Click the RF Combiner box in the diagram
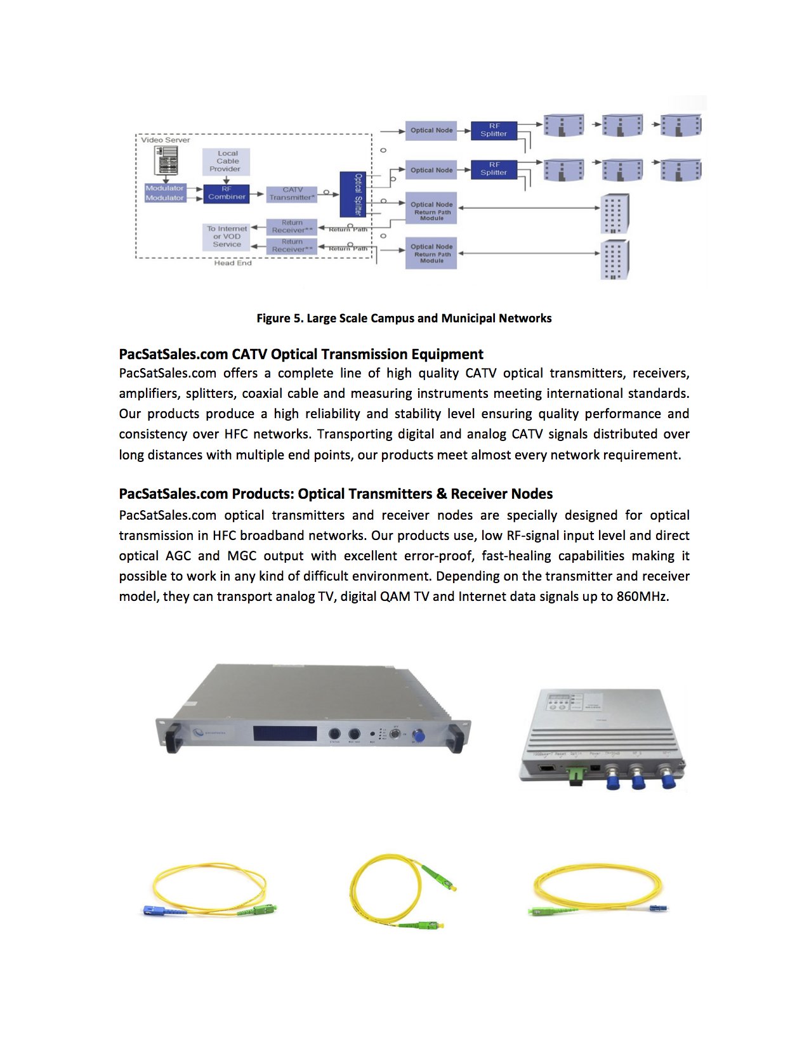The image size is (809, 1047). [x=226, y=194]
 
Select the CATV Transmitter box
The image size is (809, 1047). [x=291, y=194]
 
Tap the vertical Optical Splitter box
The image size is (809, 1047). [x=356, y=194]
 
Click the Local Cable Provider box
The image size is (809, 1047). [x=227, y=161]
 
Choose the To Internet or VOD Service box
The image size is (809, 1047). [x=227, y=237]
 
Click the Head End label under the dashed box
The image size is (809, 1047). [x=232, y=263]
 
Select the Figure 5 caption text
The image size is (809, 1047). [x=404, y=318]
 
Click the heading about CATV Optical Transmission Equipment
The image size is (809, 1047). [x=301, y=354]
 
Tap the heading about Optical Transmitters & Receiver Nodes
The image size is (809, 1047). [x=336, y=494]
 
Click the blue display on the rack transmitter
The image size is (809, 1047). [x=285, y=734]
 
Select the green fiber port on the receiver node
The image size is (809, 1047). [x=576, y=775]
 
